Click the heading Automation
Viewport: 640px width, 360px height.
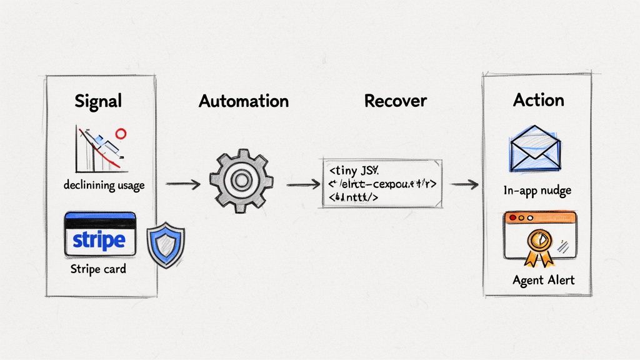click(244, 101)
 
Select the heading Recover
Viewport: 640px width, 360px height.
click(395, 101)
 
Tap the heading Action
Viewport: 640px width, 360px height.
click(538, 100)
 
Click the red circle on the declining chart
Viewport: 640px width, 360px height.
click(121, 134)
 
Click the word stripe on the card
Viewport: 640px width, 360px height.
click(99, 240)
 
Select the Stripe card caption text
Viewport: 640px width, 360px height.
click(98, 269)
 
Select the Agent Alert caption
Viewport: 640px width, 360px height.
click(542, 279)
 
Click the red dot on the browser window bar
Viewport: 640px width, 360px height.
click(512, 218)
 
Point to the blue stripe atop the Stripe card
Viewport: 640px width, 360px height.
click(100, 216)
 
